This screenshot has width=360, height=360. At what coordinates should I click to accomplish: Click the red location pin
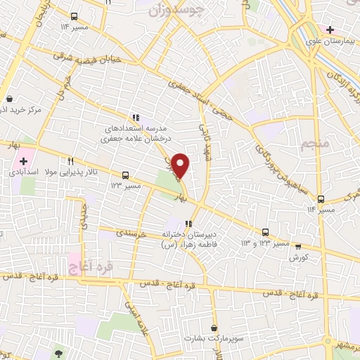181,166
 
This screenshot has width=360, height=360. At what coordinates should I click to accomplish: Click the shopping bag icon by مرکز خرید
10,99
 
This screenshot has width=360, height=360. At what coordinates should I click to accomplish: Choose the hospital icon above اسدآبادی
24,161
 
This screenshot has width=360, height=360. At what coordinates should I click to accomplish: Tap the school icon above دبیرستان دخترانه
188,224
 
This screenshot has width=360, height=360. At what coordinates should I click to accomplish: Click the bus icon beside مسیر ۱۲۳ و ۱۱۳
266,232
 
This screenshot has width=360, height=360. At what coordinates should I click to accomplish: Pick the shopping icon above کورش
298,247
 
